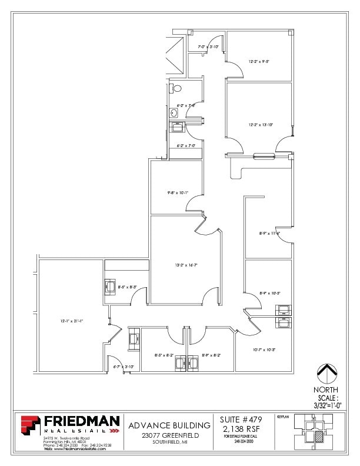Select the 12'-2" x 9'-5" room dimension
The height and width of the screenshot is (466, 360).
coord(259,61)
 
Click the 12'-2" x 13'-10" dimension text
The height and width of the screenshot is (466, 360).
coord(259,124)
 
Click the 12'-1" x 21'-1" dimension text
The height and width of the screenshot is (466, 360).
coord(71,321)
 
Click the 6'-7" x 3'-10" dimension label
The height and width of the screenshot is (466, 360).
coord(123,367)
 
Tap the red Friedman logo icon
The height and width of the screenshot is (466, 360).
coord(31,425)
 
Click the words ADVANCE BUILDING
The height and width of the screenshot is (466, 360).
coord(169,425)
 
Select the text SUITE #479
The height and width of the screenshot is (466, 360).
coord(239,420)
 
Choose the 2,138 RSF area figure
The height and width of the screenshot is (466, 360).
coord(239,429)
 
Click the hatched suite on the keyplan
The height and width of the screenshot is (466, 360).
coord(319,437)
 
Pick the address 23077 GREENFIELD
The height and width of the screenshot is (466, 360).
coord(169,435)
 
